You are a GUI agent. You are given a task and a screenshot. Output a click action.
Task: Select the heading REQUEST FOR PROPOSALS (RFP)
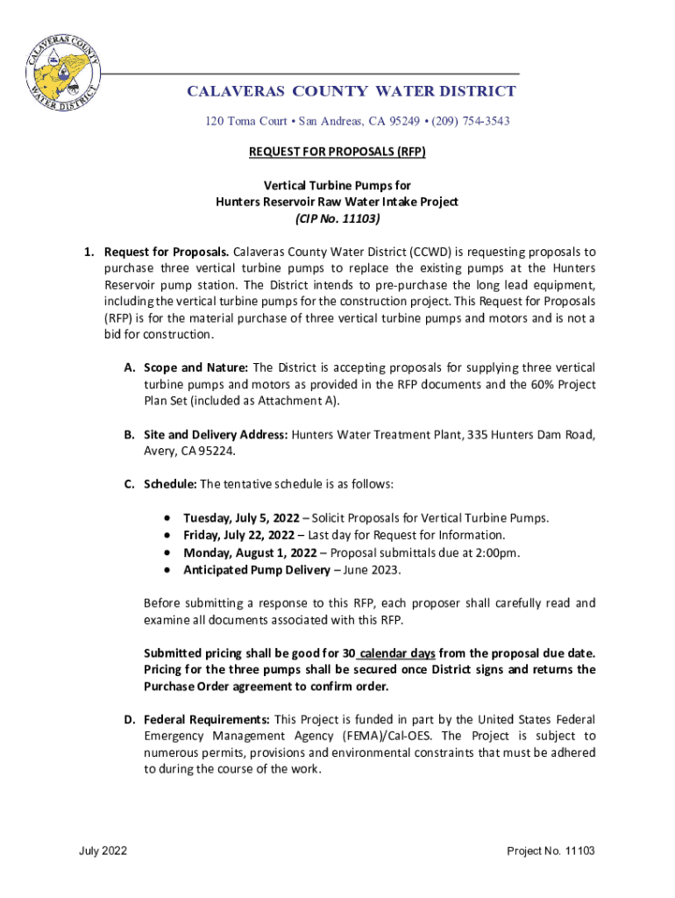(337, 152)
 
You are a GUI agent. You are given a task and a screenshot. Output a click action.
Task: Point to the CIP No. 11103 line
(337, 218)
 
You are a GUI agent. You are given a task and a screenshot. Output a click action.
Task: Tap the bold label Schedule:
(171, 484)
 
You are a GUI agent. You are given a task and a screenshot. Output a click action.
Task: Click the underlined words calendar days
(396, 653)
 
